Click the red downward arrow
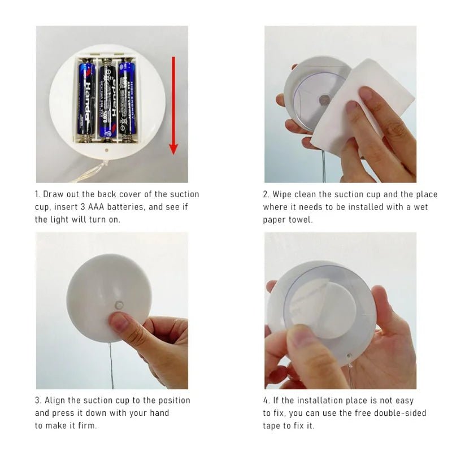(x=173, y=105)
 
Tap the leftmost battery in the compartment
(x=87, y=99)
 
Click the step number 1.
(x=37, y=194)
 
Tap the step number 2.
(x=266, y=194)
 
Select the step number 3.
(x=37, y=400)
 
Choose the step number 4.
(x=266, y=400)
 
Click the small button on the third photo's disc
(x=119, y=305)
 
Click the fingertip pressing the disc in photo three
(x=118, y=323)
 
